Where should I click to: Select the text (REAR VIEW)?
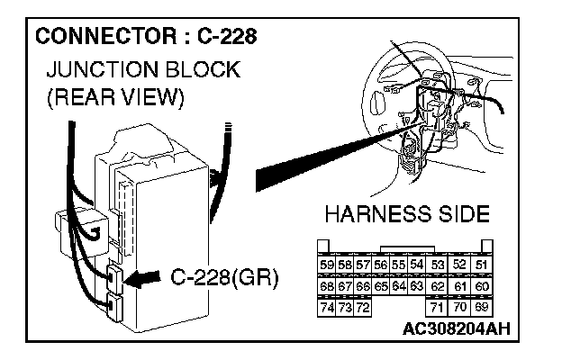pos(108,98)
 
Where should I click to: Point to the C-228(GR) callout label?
pos(223,276)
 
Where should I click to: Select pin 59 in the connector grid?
pos(328,265)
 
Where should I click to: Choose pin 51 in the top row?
pos(482,265)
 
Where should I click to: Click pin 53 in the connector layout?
pos(438,265)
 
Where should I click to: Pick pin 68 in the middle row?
pos(328,287)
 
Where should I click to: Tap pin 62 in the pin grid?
pos(438,287)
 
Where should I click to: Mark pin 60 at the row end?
pos(482,287)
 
